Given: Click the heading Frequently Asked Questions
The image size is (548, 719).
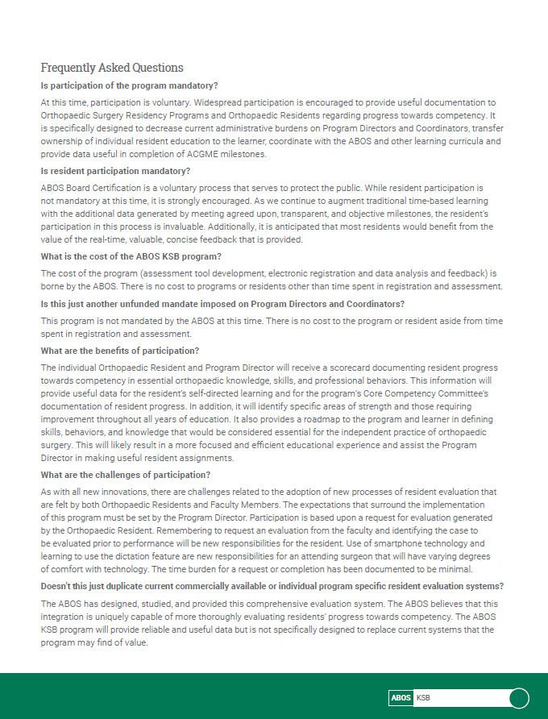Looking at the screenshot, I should tap(112, 68).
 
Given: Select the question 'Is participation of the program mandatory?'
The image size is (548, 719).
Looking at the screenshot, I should tap(130, 85).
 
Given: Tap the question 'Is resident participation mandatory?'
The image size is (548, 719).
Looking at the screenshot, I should tap(115, 171).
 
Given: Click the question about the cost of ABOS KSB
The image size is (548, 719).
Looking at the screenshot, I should tap(131, 256).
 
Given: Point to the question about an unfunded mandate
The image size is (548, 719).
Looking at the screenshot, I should tap(222, 304).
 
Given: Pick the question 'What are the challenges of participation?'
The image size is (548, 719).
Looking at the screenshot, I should tap(126, 475).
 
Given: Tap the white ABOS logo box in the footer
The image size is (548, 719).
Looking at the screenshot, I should tap(401, 698).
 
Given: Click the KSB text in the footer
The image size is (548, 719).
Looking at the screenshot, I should tap(423, 698).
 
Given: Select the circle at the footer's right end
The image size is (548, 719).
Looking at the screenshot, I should tap(520, 698).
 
